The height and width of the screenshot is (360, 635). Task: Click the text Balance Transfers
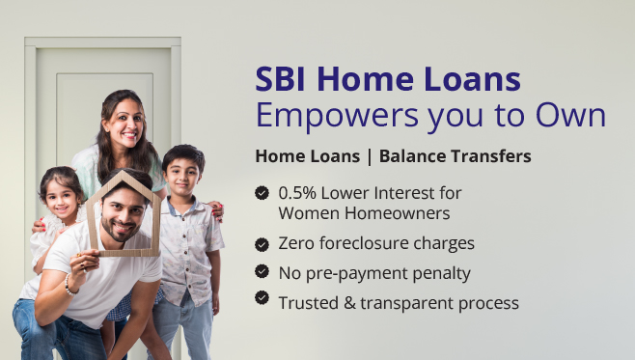coord(455,155)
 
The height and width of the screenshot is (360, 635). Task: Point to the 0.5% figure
coord(299,193)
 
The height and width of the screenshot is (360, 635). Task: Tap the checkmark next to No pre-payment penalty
coord(262,272)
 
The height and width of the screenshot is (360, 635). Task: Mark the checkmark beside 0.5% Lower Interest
coord(262,193)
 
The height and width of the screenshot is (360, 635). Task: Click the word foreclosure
coord(367,243)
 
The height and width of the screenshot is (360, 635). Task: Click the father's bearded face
coord(124,221)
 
